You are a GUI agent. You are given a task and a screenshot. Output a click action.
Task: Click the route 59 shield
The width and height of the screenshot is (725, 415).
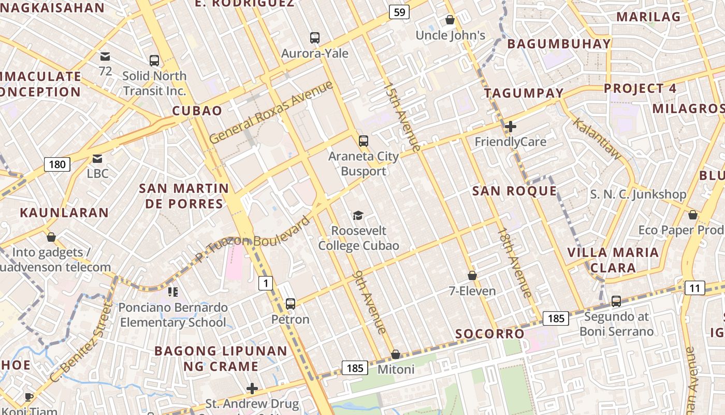(x=399, y=12)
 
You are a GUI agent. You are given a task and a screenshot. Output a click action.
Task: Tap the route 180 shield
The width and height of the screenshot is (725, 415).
(x=57, y=164)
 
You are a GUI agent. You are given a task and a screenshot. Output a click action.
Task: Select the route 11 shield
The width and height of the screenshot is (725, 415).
(x=694, y=288)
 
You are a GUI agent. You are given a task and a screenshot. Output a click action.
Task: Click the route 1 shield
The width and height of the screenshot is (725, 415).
(x=266, y=283)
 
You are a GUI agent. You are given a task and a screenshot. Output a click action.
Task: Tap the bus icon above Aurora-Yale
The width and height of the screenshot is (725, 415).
(x=315, y=38)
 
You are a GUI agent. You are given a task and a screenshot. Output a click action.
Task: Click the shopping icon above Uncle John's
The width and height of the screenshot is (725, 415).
(x=450, y=20)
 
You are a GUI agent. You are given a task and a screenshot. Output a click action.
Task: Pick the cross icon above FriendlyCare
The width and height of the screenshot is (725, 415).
(x=511, y=127)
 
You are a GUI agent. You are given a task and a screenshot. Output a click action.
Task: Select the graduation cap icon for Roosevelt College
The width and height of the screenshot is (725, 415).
(x=358, y=215)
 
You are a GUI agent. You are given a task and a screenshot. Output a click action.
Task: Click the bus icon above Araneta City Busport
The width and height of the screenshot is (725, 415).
(x=364, y=141)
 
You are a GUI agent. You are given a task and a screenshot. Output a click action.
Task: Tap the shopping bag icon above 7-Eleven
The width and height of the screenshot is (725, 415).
(x=472, y=275)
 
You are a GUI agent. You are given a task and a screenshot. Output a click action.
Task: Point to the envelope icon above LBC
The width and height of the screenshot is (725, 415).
(x=97, y=159)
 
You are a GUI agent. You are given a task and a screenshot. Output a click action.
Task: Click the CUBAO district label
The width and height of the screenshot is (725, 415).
(x=197, y=110)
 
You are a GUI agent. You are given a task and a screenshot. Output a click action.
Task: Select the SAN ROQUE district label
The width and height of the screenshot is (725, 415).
(x=514, y=191)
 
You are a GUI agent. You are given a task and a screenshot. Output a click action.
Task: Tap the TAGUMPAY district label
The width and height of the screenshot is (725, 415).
(x=524, y=93)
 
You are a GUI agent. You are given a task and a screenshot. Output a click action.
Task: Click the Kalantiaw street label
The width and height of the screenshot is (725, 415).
(x=597, y=138)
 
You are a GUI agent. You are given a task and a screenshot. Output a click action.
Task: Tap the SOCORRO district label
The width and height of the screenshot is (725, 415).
(x=490, y=334)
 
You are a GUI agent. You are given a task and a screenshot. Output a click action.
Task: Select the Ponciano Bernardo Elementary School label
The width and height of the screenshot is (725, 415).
(x=173, y=315)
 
